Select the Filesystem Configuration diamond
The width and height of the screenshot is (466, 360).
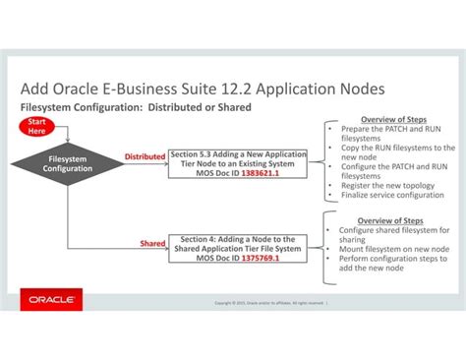[68, 163]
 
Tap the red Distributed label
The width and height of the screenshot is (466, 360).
[145, 156]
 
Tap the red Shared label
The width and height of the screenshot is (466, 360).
[152, 242]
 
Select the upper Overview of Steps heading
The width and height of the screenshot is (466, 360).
[391, 120]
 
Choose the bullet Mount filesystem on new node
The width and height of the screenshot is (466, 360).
[390, 249]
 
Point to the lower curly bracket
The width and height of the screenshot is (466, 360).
[322, 243]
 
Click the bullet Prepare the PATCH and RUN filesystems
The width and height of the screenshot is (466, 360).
[390, 134]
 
